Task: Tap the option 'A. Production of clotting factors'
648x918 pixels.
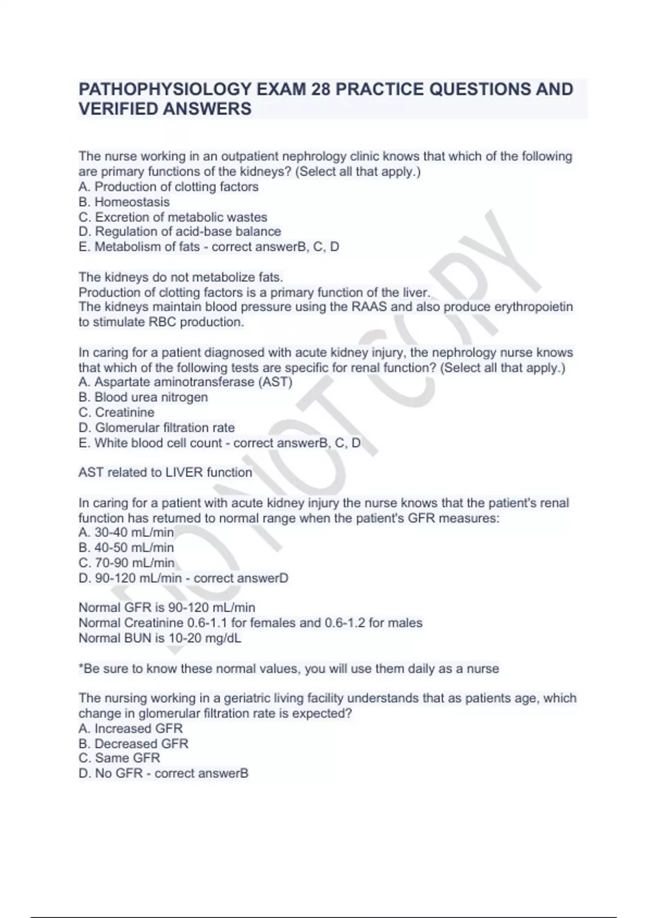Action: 168,187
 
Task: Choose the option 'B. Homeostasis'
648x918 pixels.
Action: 124,202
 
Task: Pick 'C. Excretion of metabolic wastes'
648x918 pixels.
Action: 173,217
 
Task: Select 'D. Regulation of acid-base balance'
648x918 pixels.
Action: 180,232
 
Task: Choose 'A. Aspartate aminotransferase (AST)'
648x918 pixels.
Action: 185,382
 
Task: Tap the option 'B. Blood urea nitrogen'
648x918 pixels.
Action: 143,397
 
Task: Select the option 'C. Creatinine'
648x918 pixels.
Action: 117,413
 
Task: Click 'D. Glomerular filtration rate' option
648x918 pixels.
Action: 157,428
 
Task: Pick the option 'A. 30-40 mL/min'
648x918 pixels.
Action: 126,532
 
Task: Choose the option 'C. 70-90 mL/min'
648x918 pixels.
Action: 126,563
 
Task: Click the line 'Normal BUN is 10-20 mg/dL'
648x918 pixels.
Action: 160,638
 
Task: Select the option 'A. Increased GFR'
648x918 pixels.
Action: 131,728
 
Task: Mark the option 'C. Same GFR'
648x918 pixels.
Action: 119,758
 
